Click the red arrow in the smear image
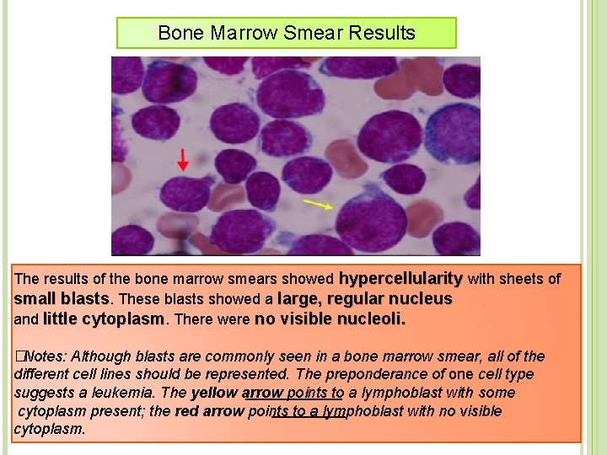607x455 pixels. (x=182, y=159)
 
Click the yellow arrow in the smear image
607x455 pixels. (x=318, y=205)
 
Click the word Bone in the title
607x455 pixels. (x=175, y=34)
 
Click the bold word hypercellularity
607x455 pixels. (x=400, y=278)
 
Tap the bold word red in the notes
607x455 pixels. (x=188, y=411)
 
